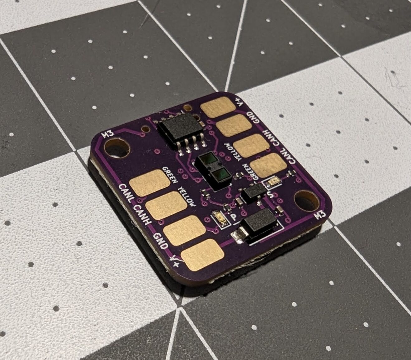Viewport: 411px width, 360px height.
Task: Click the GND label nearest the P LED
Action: click(x=161, y=240)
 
